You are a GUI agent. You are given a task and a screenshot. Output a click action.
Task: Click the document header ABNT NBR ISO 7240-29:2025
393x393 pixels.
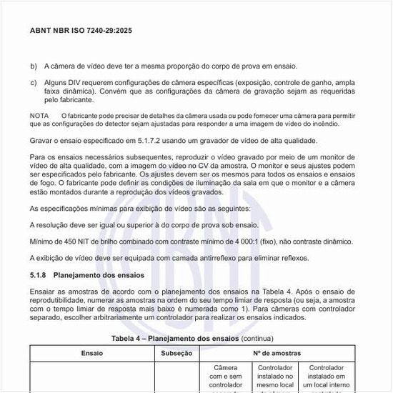81,31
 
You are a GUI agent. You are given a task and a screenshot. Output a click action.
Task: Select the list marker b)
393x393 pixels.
34,66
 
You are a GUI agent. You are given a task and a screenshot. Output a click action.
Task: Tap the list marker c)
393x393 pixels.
34,82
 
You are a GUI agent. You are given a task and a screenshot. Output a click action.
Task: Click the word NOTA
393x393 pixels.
39,115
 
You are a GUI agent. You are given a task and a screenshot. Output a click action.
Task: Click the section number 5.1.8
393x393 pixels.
39,275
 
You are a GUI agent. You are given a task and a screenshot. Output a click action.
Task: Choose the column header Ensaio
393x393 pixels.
92,353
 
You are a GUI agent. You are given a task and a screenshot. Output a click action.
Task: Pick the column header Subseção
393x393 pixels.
176,353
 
